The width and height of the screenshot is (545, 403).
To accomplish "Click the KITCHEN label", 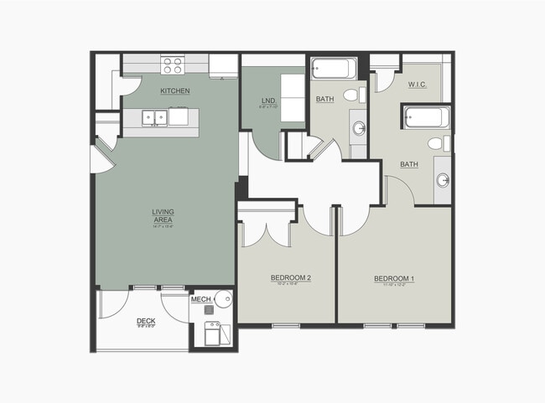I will point(176,90).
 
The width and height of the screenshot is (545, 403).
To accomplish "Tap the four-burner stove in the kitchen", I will point(173,65).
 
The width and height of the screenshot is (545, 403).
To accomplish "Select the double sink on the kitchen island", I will point(153,118).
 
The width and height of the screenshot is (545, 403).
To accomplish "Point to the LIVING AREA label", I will point(163,216).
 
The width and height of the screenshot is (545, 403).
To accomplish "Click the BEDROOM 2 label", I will point(291,278).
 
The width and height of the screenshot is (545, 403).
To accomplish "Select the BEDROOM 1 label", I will point(394,278).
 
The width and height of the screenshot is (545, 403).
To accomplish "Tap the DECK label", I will point(146,320).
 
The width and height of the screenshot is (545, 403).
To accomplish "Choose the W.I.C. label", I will point(418,85).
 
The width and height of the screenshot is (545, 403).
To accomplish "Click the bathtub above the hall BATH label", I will point(334,70).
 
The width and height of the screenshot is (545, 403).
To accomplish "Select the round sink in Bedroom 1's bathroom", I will point(442,179).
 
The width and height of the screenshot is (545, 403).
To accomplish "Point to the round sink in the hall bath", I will point(359,128).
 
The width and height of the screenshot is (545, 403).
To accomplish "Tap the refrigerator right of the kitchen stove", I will point(224,65).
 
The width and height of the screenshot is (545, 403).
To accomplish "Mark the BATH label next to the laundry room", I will point(325,100).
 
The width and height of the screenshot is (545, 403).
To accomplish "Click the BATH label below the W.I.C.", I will point(409,164).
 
